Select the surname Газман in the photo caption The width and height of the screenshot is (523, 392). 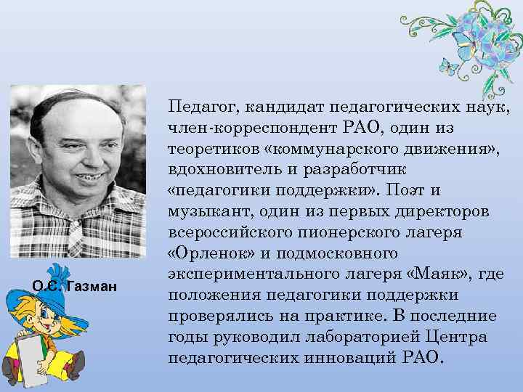click(x=92, y=287)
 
